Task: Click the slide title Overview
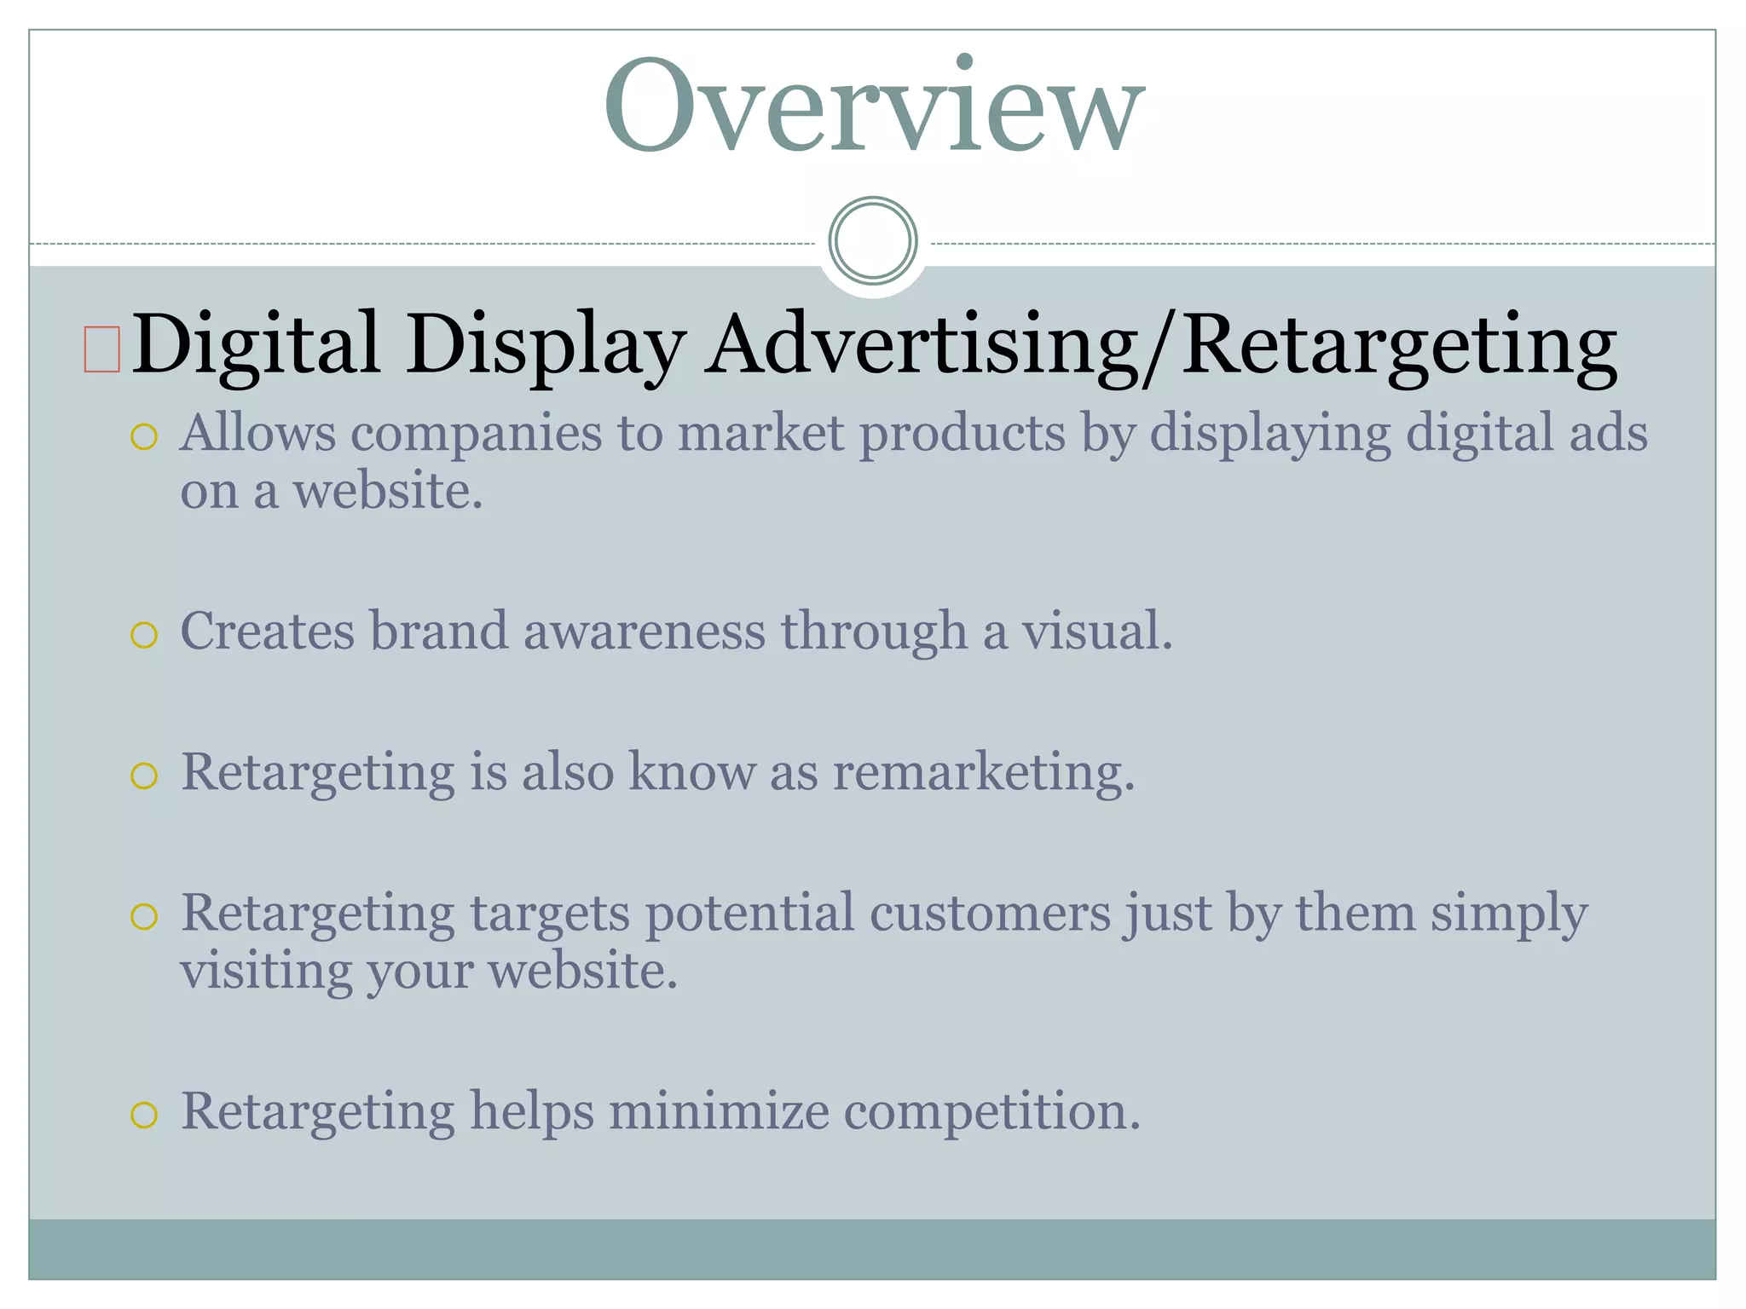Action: [x=874, y=107]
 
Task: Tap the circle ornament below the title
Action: [x=873, y=240]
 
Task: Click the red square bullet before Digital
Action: [x=101, y=349]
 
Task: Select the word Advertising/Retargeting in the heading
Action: [x=1160, y=345]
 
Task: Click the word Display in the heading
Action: [x=546, y=345]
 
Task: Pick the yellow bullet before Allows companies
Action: [x=144, y=437]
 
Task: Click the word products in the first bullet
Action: [x=962, y=434]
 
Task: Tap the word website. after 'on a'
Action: [x=389, y=492]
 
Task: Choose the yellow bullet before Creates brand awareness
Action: [x=144, y=635]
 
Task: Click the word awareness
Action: [x=645, y=631]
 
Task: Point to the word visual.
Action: [x=1097, y=631]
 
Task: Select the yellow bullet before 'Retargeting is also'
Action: [x=144, y=776]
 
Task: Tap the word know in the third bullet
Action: [x=691, y=772]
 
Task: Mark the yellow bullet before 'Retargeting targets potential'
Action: [x=144, y=917]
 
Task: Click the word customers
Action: [x=990, y=914]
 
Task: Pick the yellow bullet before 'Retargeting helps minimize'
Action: [x=144, y=1115]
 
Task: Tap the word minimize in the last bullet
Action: [x=719, y=1112]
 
